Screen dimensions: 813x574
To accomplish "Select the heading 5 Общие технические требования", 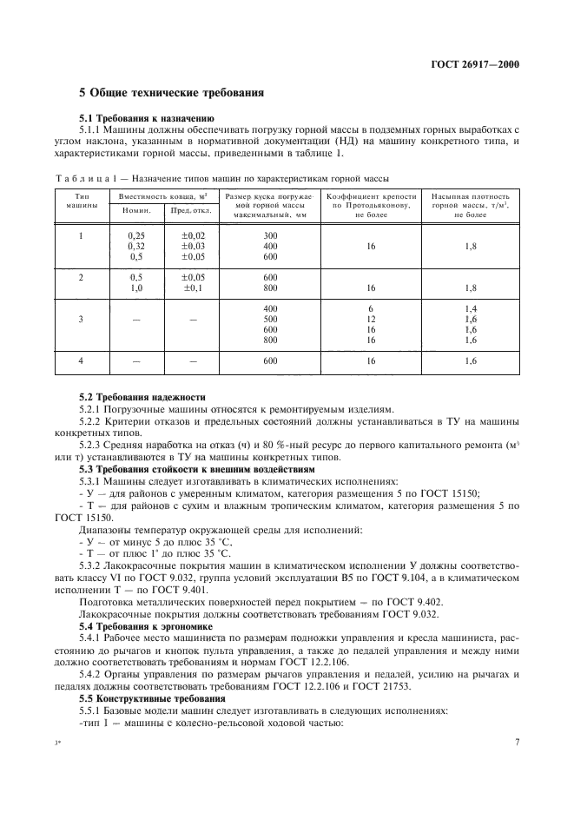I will pos(171,93).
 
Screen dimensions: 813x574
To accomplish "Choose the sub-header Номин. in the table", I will pos(135,210).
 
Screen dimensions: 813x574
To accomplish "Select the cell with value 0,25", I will pos(135,235).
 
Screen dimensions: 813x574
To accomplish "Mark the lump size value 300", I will pos(270,235).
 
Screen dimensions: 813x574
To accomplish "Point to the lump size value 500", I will pos(270,320).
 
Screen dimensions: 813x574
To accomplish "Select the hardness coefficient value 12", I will pos(370,320).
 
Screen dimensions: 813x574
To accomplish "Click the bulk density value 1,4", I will pos(470,309).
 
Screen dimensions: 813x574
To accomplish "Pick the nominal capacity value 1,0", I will pos(135,288).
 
